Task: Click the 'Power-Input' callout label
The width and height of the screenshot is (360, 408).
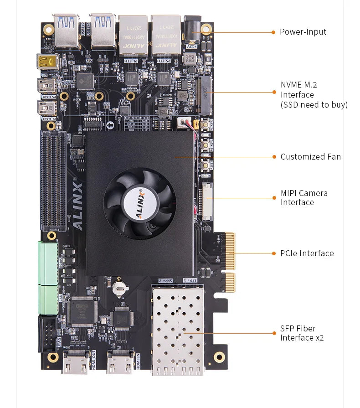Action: pos(303,32)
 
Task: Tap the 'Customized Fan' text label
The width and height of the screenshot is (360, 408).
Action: pos(310,157)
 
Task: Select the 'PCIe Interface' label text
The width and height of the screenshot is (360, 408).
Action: pos(307,253)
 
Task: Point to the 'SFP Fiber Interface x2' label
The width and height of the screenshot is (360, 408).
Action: pos(302,333)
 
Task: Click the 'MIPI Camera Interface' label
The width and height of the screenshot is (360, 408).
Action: pos(303,198)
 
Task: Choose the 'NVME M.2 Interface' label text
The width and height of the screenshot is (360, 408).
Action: pos(314,95)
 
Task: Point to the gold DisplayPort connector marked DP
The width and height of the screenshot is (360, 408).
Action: pos(47,62)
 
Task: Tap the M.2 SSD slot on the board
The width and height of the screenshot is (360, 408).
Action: pos(206,95)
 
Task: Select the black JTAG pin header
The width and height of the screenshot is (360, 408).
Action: pos(47,332)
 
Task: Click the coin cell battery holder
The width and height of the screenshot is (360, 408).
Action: pos(119,286)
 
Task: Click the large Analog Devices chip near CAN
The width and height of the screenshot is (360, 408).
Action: pos(82,311)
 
